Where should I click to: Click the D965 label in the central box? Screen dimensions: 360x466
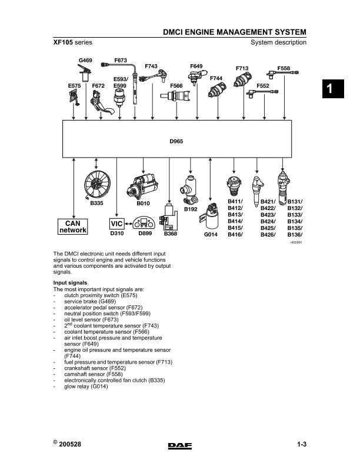point(176,141)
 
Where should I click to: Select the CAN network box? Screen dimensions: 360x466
point(73,227)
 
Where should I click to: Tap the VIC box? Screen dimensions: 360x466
point(116,224)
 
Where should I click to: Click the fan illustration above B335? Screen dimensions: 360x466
point(97,184)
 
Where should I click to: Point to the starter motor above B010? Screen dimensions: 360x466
point(142,187)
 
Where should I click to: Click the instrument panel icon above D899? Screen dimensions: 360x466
point(144,223)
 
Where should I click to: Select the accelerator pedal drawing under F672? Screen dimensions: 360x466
point(101,103)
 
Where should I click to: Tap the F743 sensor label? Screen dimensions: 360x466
point(151,66)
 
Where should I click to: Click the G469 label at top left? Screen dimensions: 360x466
point(85,61)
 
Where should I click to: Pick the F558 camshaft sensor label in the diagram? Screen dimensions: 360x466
point(284,68)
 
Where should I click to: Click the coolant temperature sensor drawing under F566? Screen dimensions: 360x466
point(175,96)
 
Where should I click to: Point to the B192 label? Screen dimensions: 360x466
point(191,209)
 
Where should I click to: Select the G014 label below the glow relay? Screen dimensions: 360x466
point(211,235)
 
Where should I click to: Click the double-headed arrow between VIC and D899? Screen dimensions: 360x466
point(128,224)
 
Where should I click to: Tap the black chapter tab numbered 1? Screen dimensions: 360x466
point(333,89)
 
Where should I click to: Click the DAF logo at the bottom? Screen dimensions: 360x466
point(180,446)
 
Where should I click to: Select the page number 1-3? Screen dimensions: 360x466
point(302,444)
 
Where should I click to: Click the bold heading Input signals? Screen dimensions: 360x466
point(70,282)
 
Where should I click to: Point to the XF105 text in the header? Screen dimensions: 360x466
point(63,42)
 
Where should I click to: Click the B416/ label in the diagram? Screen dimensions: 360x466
point(235,235)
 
